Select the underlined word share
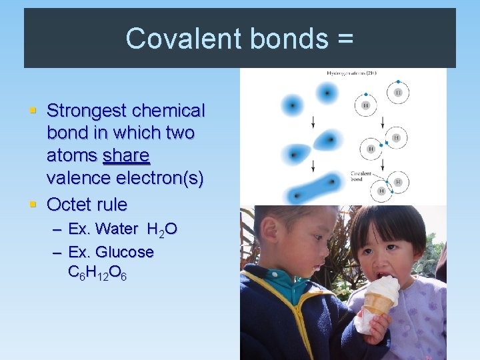127,156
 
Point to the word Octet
70,203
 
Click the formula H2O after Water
162,230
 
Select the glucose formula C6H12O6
93,273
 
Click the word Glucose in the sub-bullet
125,252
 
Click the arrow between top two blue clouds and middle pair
295,122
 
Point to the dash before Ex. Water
57,230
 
